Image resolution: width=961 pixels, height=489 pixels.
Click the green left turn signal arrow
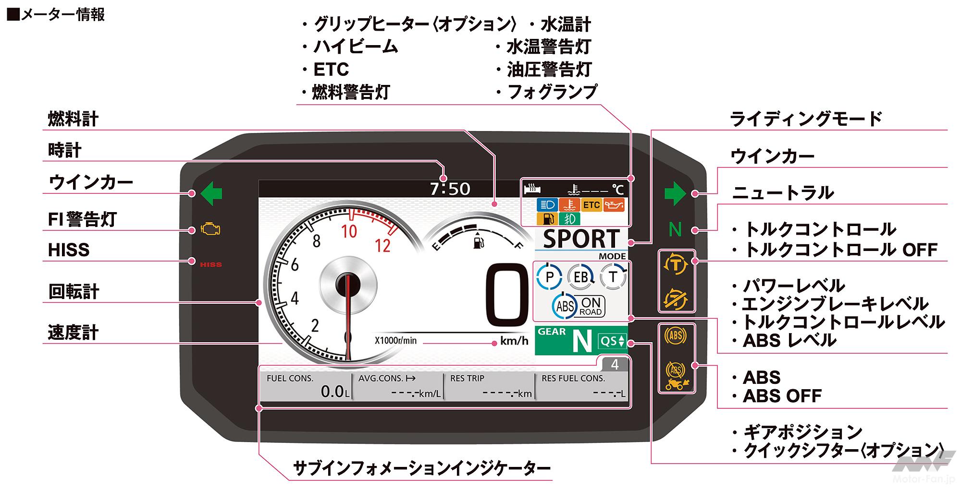pos(211,193)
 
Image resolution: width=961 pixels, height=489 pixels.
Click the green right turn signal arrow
pos(675,193)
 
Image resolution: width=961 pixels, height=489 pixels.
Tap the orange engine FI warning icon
pos(210,229)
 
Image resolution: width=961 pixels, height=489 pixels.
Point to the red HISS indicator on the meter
pos(210,264)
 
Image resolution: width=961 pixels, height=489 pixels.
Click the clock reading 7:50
pos(450,189)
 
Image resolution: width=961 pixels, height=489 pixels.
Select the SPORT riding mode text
pos(581,239)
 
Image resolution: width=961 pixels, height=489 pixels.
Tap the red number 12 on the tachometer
pos(382,246)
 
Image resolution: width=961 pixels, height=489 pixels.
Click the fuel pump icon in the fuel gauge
pos(478,241)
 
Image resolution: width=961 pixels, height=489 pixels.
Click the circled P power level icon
pos(550,277)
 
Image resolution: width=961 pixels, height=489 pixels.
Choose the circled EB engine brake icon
pos(580,277)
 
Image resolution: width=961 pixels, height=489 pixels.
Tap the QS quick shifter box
pos(612,341)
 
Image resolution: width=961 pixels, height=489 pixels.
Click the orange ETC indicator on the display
pos(591,205)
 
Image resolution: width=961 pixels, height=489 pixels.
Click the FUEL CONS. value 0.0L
pos(334,392)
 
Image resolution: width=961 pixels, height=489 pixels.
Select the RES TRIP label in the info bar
pos(467,378)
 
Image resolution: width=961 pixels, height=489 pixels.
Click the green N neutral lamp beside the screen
pos(675,230)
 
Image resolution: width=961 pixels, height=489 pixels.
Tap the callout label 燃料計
pos(73,119)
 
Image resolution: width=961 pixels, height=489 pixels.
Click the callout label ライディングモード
pos(806,119)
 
